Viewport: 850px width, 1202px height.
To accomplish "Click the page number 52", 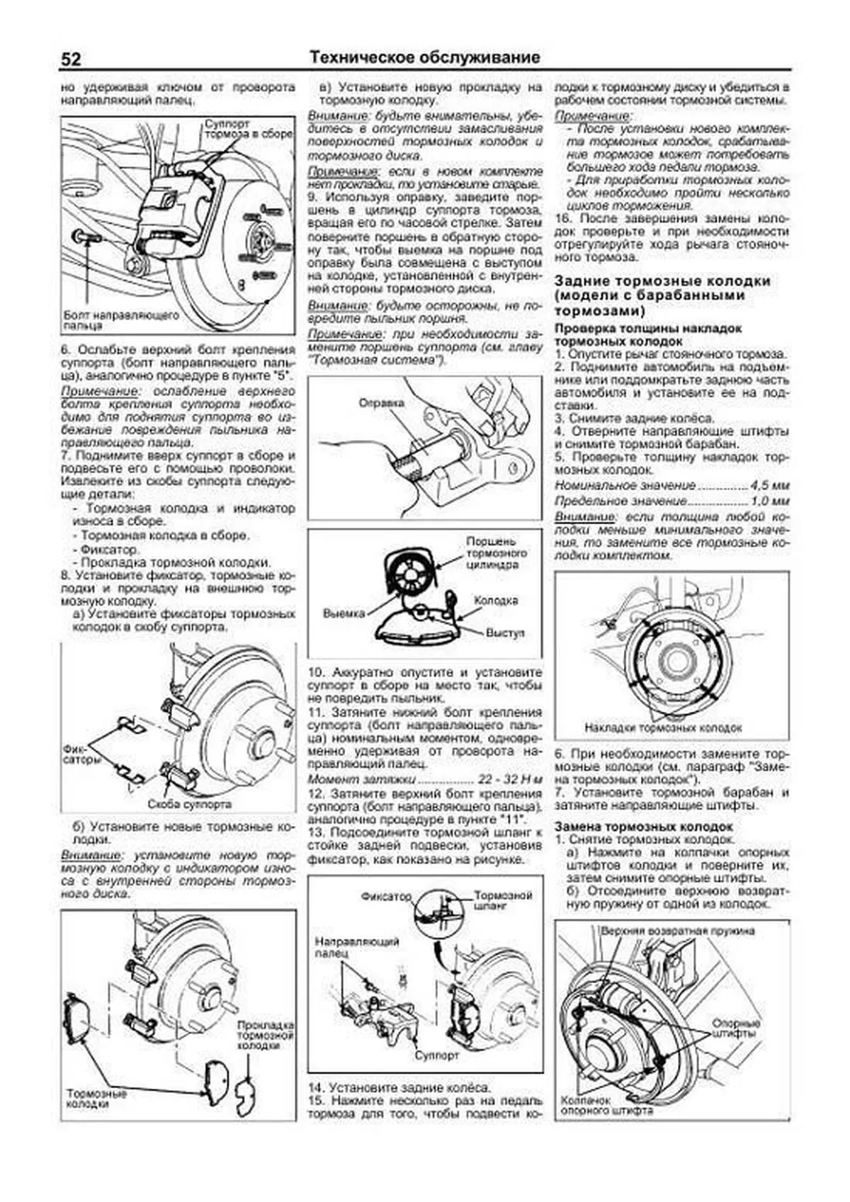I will click(72, 59).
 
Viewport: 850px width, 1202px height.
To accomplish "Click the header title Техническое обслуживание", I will click(425, 57).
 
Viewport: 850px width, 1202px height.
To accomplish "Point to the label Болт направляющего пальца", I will click(120, 320).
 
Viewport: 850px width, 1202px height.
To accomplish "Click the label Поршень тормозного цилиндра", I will click(497, 552).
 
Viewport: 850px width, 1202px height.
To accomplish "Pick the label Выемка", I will click(344, 613).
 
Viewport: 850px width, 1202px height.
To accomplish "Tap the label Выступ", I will click(505, 633).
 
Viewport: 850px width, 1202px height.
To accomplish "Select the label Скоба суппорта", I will click(190, 805).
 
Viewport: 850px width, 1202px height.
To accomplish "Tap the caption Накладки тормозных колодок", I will click(663, 727).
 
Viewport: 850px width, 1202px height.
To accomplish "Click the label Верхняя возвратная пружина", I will click(677, 931).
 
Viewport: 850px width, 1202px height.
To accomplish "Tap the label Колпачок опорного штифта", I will click(606, 1106).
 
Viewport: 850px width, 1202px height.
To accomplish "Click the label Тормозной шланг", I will click(503, 900).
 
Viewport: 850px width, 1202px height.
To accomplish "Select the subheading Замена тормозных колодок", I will click(642, 827).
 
